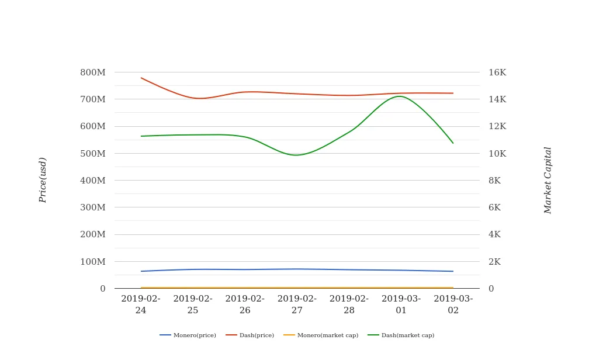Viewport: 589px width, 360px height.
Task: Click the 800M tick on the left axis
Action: click(93, 72)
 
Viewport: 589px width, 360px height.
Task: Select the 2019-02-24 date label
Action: click(141, 304)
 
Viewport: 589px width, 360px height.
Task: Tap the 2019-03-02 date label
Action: click(453, 304)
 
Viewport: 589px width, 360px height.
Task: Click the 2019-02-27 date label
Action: click(297, 304)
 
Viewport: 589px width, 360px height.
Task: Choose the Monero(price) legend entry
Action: click(188, 335)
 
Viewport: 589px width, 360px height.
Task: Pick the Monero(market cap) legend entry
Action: click(321, 335)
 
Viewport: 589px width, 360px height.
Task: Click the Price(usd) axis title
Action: click(43, 180)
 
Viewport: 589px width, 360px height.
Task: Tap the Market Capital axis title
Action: click(548, 180)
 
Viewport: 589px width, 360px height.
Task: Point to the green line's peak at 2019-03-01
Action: click(400, 96)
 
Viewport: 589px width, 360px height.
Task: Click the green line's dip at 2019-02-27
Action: click(296, 155)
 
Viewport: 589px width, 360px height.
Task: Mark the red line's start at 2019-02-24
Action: click(141, 78)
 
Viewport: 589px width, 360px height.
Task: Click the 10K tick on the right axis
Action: click(497, 154)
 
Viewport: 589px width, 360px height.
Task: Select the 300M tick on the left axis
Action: click(93, 207)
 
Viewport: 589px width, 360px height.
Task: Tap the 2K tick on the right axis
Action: click(495, 262)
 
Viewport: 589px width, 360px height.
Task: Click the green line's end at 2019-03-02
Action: click(453, 143)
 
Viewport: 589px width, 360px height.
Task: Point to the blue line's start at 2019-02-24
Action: click(141, 271)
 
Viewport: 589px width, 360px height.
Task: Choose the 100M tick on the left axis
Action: click(93, 262)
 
